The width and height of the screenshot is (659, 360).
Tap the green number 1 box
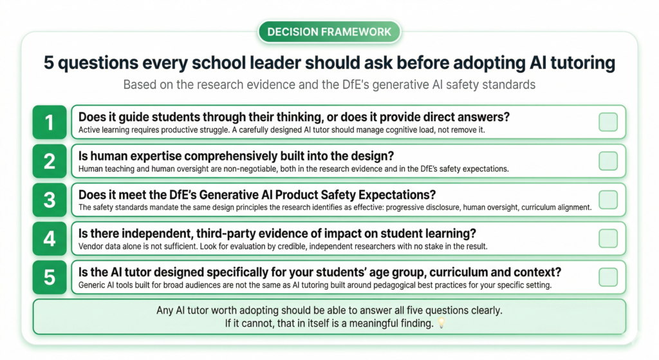tap(50, 122)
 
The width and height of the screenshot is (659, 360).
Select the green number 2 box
tap(50, 161)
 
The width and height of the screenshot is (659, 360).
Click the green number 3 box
tap(50, 200)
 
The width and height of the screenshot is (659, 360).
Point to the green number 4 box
tap(50, 238)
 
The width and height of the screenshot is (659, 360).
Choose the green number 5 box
tap(50, 277)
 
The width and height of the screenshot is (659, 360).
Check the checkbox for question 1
tap(608, 122)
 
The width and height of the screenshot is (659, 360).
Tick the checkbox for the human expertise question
tap(608, 161)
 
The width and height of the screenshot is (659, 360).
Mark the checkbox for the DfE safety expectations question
tap(608, 200)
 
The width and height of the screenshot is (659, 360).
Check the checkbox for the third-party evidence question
tap(608, 238)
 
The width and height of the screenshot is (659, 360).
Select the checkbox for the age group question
tap(608, 277)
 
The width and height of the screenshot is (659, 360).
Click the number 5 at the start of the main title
tap(50, 63)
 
